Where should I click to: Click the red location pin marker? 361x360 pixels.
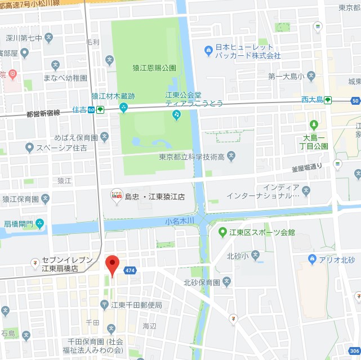point(113,265)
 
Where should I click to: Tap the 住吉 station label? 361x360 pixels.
point(79,110)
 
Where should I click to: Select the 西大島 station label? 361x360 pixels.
point(311,100)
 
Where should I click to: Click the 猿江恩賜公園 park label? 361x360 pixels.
point(154,68)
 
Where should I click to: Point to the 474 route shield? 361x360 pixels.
point(131,271)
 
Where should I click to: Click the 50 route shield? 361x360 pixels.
point(355,101)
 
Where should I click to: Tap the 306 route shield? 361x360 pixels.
point(354,350)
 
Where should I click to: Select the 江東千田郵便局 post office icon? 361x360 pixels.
point(104,305)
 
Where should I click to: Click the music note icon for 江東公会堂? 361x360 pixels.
point(176,115)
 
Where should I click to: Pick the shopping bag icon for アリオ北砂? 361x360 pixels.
point(312,259)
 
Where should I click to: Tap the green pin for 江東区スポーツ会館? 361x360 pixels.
point(222,232)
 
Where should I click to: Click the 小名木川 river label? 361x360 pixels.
point(180,221)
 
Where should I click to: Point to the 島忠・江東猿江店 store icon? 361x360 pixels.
point(117,195)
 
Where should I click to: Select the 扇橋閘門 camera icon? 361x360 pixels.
point(39,224)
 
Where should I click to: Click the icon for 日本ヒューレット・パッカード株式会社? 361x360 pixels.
point(208,51)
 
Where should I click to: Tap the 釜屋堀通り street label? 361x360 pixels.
point(307,167)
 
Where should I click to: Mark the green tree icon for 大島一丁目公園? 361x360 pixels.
point(314,125)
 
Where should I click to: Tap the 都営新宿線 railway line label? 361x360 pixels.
point(43,114)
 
